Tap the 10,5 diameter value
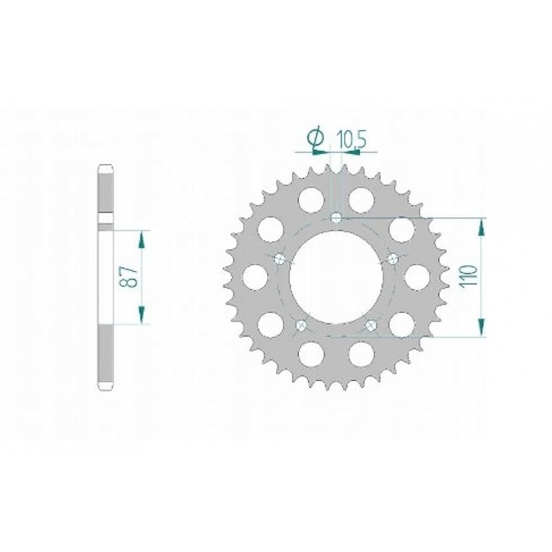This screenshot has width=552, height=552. tap(352, 139)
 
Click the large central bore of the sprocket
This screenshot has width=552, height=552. tap(336, 277)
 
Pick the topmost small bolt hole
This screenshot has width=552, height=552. tap(337, 218)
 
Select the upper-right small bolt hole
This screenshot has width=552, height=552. tap(393, 259)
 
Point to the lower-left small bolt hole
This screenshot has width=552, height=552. tap(302, 325)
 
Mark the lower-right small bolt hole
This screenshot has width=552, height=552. tap(371, 325)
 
